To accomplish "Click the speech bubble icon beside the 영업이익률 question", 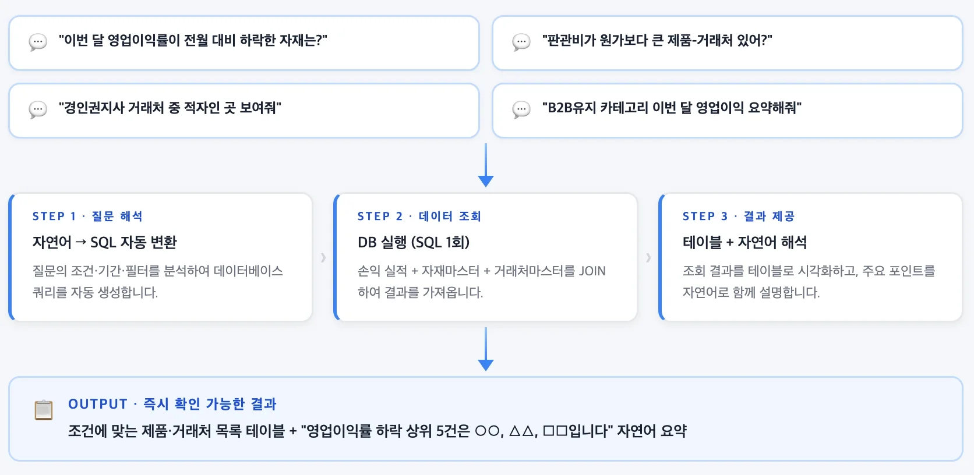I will (38, 42).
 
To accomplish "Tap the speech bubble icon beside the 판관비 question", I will (521, 42).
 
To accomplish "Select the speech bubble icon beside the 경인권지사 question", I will (38, 109).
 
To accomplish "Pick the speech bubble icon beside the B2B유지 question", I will (521, 109).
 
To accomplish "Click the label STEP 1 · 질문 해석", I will (87, 217).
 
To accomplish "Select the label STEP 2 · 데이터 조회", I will (419, 217).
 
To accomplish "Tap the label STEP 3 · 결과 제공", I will (739, 217).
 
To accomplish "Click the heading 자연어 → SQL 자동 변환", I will (104, 242).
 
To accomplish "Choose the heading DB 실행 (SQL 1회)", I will (414, 242).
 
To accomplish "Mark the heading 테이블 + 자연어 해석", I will (744, 242).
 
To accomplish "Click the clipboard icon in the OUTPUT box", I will (44, 410).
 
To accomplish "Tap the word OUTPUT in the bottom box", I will (98, 404).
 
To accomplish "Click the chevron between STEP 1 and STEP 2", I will (323, 257).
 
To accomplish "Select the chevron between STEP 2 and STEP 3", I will (648, 257).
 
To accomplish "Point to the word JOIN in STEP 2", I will (592, 271).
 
